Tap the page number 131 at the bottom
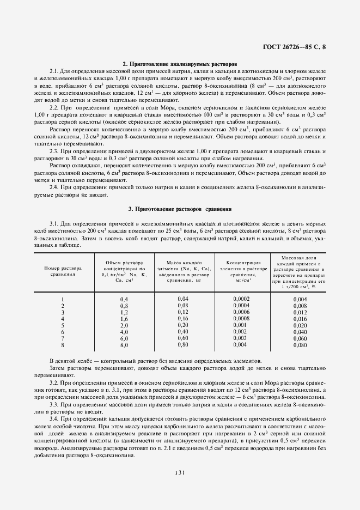tap(180, 472)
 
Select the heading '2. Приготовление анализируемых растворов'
tap(180, 64)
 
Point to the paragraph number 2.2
tap(54, 108)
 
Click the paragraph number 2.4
tap(54, 187)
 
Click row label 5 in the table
tap(63, 325)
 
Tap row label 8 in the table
tap(63, 344)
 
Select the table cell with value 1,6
tap(124, 318)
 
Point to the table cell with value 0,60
tap(183, 338)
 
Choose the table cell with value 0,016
tap(300, 319)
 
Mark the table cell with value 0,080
tap(300, 345)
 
